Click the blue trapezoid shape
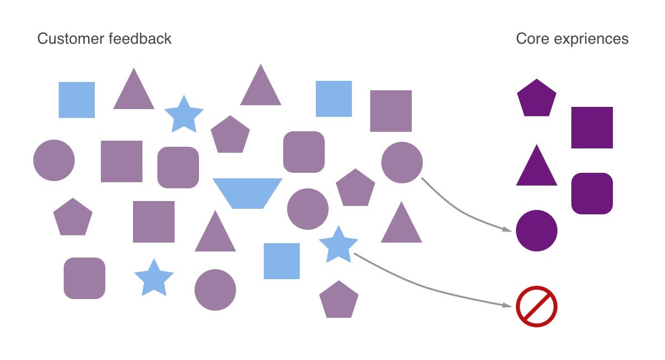247,193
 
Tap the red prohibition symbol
536,306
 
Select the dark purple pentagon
536,99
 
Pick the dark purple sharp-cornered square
592,127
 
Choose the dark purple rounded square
592,193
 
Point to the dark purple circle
536,230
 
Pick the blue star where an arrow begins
339,245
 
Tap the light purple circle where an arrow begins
402,162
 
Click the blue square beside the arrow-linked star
282,261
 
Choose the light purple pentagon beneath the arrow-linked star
339,300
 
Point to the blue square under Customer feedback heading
76,100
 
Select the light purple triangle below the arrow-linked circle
401,224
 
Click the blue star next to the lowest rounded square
154,278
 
